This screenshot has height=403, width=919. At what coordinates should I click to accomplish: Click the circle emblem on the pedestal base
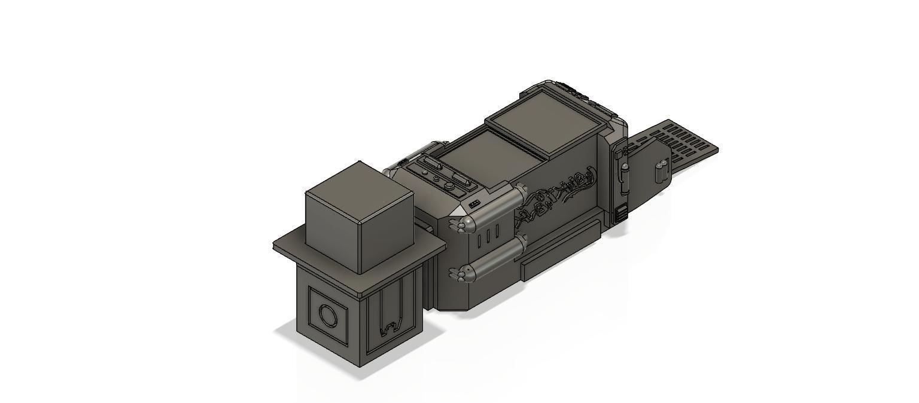327,315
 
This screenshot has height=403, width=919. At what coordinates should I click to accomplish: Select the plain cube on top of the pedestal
359,218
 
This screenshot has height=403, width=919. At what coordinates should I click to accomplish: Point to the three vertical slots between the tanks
488,235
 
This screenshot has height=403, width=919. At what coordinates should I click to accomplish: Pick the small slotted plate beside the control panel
475,204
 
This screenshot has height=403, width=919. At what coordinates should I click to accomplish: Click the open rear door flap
649,173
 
